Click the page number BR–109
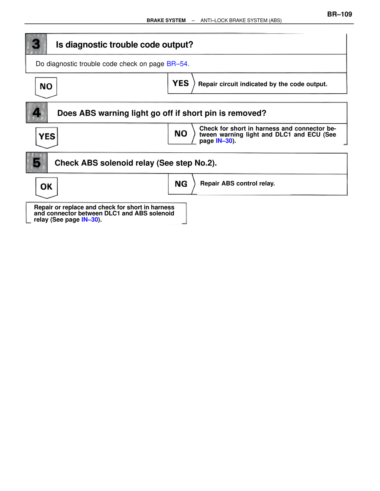point(339,14)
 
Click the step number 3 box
point(36,44)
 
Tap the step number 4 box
point(37,113)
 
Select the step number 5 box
point(37,163)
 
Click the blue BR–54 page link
point(177,64)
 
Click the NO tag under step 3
point(46,87)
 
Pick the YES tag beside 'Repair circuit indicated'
point(180,83)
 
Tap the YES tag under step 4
point(47,137)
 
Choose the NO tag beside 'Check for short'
point(181,134)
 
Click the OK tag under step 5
point(46,187)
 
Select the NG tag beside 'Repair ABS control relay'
point(181,184)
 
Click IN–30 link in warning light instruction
point(224,141)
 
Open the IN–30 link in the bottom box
point(90,220)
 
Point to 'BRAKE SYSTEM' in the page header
point(166,20)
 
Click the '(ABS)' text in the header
point(275,20)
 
